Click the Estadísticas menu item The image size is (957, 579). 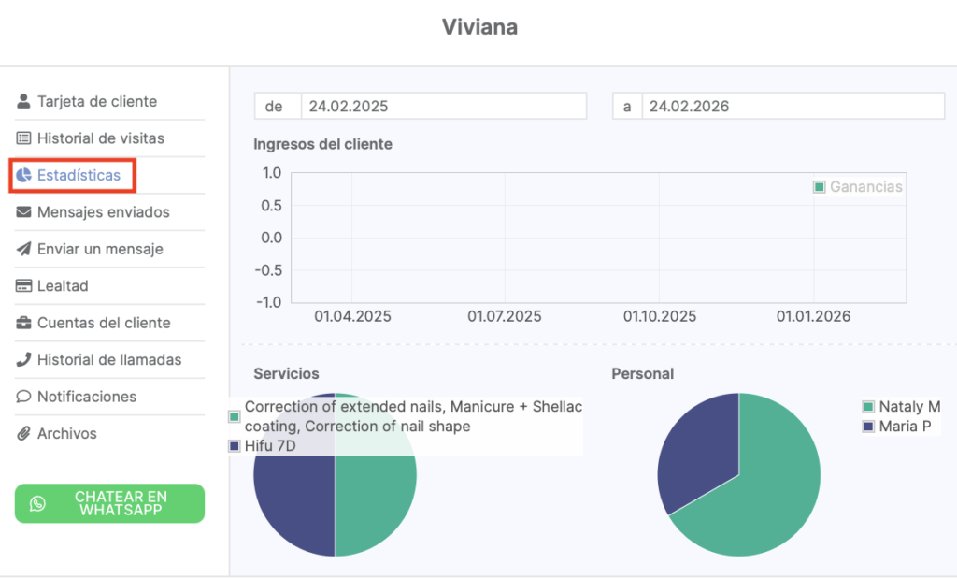point(79,175)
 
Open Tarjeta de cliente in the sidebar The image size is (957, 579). point(96,101)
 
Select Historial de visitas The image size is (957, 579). point(100,138)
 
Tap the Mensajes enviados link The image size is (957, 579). point(103,212)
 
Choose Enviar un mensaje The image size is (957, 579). point(100,249)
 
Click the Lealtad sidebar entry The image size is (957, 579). point(63,286)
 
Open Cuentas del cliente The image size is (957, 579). point(104,323)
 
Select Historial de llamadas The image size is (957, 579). point(109,359)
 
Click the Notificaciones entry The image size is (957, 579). point(86,397)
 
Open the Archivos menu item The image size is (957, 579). point(66,433)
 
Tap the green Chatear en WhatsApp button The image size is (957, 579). point(109,503)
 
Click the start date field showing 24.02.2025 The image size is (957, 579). point(443,107)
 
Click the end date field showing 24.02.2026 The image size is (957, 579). point(793,107)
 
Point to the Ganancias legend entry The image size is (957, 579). point(859,187)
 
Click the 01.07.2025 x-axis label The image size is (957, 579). point(505,316)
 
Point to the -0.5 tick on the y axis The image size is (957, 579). point(269,270)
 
